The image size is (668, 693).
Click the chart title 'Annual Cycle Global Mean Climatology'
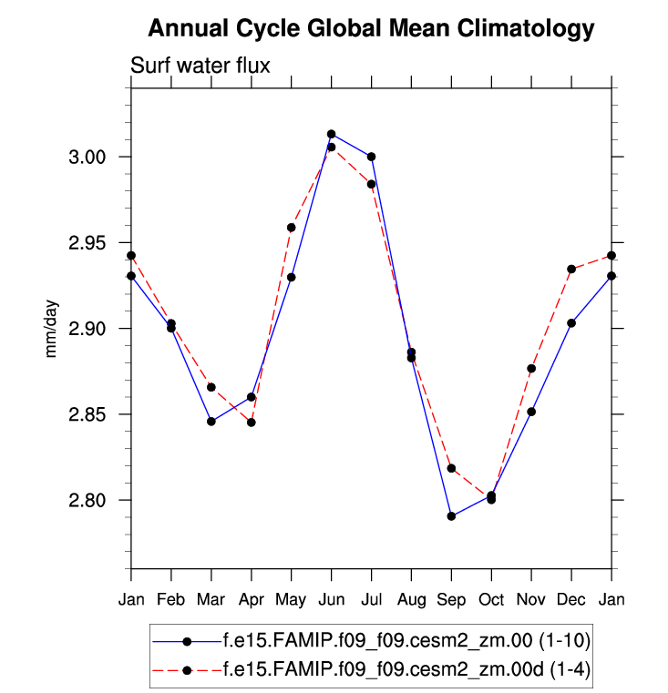pyautogui.click(x=371, y=29)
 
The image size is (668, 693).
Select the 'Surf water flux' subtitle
pyautogui.click(x=200, y=66)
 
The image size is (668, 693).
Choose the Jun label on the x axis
pyautogui.click(x=331, y=598)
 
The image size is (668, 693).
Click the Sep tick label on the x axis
pyautogui.click(x=451, y=598)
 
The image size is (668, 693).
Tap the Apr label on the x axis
pyautogui.click(x=251, y=598)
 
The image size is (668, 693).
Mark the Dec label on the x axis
pyautogui.click(x=571, y=598)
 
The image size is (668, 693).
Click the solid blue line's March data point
pyautogui.click(x=211, y=421)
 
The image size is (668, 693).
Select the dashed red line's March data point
pyautogui.click(x=211, y=387)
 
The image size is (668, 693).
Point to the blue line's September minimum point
pyautogui.click(x=451, y=516)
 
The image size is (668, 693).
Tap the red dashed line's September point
pyautogui.click(x=451, y=468)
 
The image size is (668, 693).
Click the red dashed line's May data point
pyautogui.click(x=292, y=228)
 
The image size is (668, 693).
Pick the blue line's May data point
pyautogui.click(x=292, y=277)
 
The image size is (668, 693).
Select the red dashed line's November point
pyautogui.click(x=531, y=368)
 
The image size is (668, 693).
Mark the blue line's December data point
pyautogui.click(x=571, y=322)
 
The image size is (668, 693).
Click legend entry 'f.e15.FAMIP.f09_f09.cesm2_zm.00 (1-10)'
pyautogui.click(x=383, y=641)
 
